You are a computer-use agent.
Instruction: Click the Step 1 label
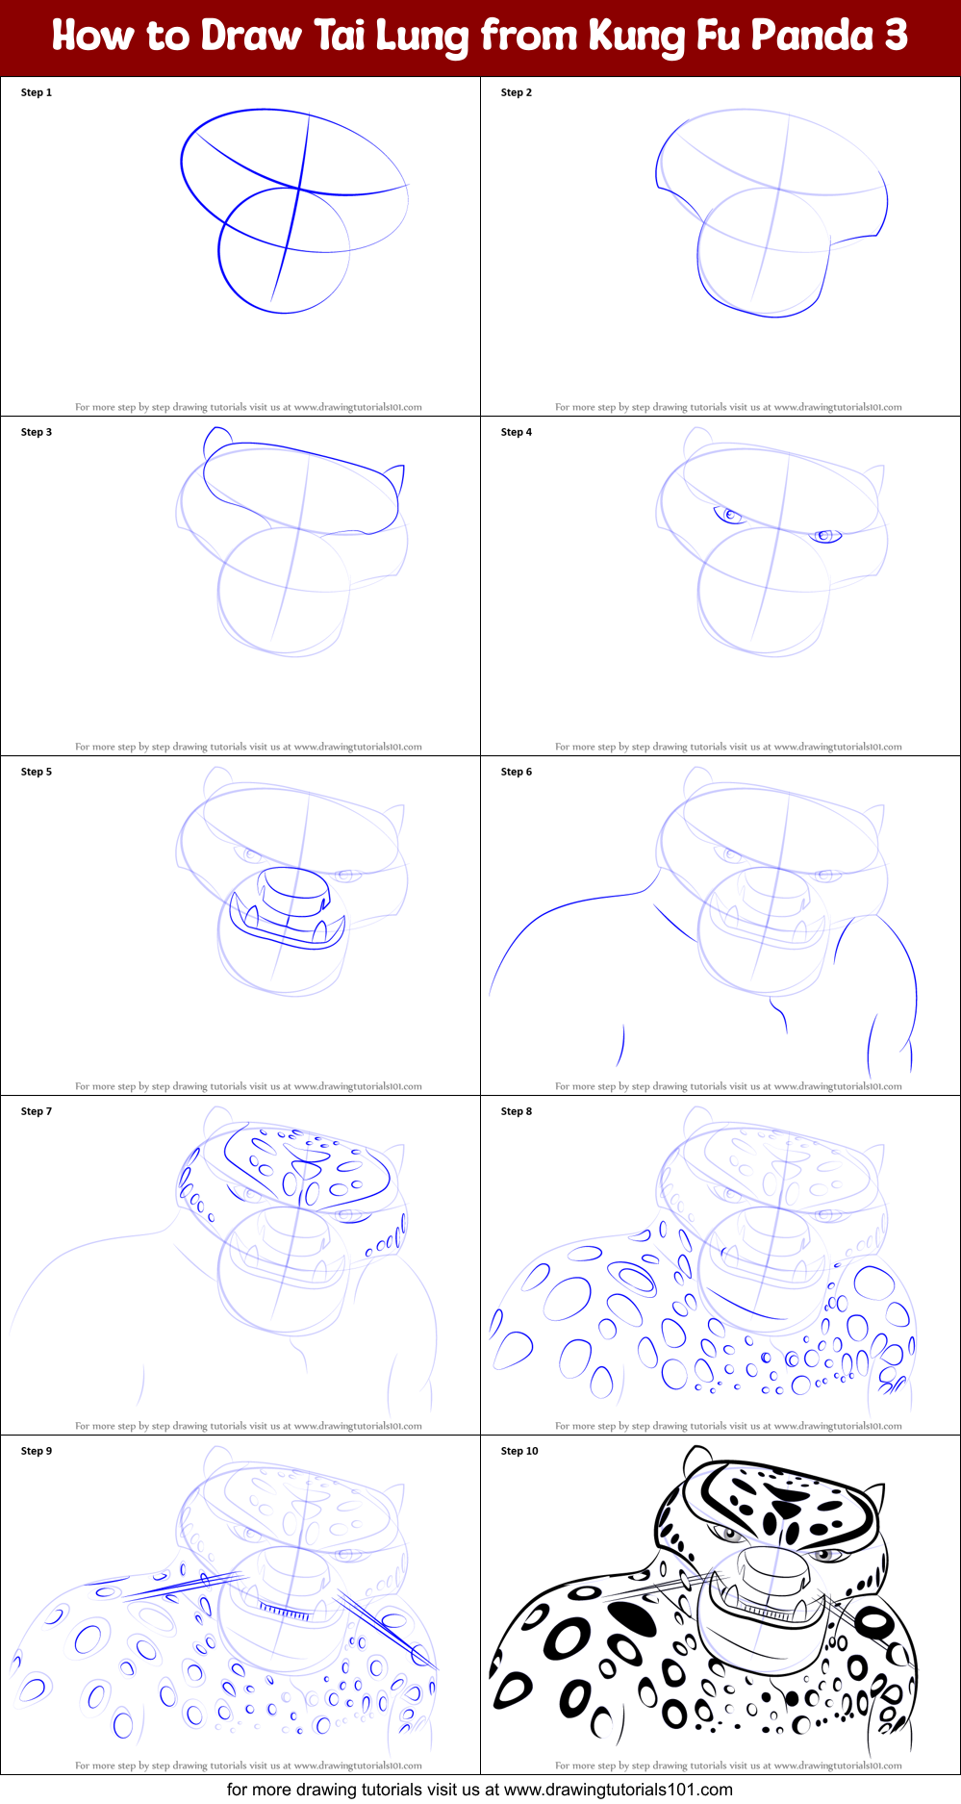(37, 92)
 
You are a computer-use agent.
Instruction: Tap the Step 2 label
(517, 92)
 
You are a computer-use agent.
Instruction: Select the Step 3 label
(37, 432)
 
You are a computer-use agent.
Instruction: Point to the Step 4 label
(517, 432)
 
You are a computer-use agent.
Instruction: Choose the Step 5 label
(37, 772)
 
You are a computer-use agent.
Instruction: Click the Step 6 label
(517, 772)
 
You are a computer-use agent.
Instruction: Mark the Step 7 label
(37, 1111)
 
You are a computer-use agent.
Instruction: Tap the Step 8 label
(517, 1111)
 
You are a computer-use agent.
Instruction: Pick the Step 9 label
(37, 1451)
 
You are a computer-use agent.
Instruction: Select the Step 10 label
(519, 1451)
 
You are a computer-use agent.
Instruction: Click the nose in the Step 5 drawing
(295, 891)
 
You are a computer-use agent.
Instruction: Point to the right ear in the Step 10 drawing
(874, 1501)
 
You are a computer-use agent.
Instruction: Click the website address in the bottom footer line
(619, 1790)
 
